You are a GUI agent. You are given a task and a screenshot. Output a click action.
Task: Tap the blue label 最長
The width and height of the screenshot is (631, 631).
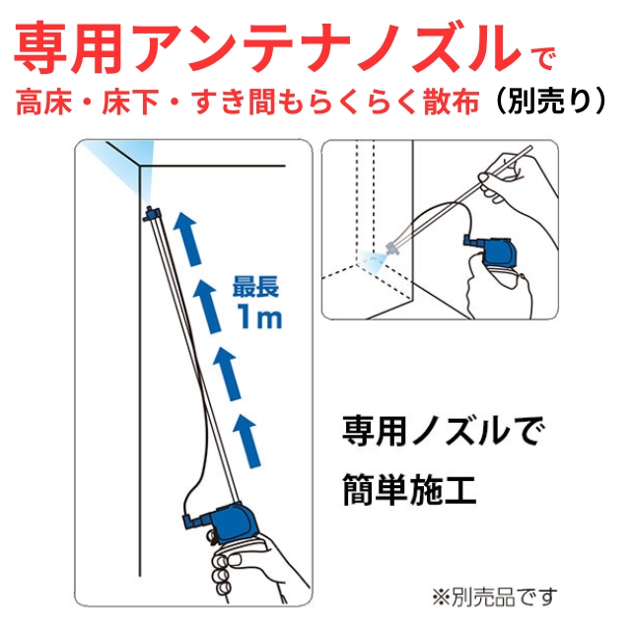[254, 288]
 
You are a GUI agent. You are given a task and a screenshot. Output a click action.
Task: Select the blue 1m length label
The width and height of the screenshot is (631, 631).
[256, 317]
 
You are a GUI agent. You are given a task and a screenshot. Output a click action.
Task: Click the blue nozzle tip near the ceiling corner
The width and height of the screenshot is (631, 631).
[150, 212]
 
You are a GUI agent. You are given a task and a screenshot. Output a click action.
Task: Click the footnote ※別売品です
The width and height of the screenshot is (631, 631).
[494, 596]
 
